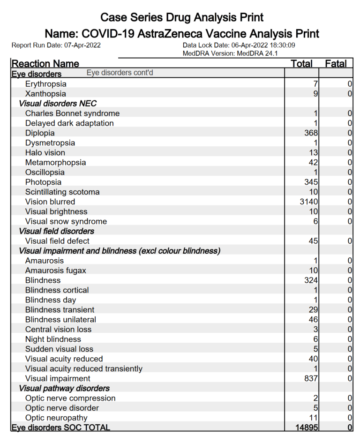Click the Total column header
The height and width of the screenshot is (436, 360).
tap(301, 64)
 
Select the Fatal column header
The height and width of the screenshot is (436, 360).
tap(336, 64)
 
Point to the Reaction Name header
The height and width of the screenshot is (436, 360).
tap(45, 64)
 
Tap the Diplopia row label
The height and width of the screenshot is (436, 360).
tap(40, 133)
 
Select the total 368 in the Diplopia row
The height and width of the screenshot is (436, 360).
tap(311, 133)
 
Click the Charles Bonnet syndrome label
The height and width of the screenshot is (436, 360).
tap(72, 113)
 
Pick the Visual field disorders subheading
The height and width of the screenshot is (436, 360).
tap(56, 231)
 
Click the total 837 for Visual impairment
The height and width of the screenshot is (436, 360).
tap(311, 378)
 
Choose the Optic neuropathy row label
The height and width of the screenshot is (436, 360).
tap(56, 418)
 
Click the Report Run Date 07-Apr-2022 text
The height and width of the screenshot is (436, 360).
tap(56, 45)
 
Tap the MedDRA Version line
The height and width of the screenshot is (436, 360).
tap(230, 53)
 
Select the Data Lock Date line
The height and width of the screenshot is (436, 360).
tap(239, 45)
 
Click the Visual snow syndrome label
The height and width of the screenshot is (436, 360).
tap(66, 221)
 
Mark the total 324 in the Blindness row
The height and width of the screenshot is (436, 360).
tap(311, 280)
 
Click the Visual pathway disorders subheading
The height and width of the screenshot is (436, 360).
tap(64, 388)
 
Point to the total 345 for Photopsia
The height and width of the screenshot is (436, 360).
tap(311, 182)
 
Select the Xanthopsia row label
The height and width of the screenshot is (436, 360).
tap(45, 94)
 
